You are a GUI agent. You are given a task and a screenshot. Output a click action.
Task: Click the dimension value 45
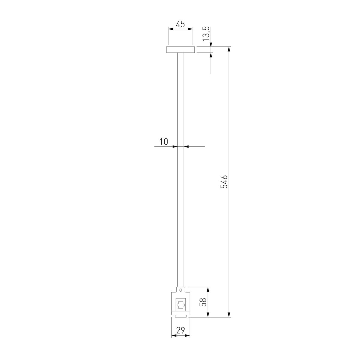(180, 24)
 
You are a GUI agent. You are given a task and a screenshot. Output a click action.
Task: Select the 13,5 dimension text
(206, 34)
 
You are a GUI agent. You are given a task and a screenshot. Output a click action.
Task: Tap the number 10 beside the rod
(163, 142)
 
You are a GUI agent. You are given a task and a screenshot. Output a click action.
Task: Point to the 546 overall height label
(224, 181)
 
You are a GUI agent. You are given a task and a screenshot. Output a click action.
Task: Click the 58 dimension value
(203, 302)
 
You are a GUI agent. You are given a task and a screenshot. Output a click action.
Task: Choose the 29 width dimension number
(180, 331)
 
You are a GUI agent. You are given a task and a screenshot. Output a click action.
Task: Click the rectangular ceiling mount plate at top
(180, 49)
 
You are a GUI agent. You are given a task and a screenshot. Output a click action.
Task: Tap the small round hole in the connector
(181, 290)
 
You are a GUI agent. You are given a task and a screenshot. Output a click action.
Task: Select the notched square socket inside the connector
(181, 305)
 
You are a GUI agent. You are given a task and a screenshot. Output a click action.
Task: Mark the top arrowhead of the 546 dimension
(229, 49)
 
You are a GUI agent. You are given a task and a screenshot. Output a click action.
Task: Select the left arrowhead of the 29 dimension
(173, 335)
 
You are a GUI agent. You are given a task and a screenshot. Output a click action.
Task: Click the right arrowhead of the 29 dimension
(188, 335)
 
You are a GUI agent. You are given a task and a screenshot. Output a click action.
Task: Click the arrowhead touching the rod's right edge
(186, 146)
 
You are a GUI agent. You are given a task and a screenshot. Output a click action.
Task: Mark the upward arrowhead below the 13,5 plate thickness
(211, 55)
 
